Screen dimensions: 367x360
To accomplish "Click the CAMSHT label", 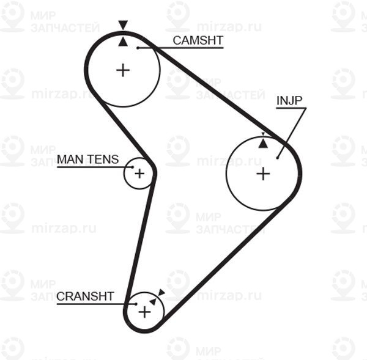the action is pos(198,40).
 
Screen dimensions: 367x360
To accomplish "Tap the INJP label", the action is pos(289,101).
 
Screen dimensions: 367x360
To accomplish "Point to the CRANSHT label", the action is pos(85,296).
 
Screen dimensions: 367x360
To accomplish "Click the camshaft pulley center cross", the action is pos(123,70).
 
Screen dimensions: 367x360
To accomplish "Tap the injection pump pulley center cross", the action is pos(263,174).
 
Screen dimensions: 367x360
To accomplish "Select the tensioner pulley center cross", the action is pos(139,174).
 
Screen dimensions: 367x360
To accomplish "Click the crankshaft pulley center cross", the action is pos(144,312).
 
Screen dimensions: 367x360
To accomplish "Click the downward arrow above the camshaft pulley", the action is pos(123,25).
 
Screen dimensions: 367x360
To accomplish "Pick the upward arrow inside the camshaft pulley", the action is pos(123,42).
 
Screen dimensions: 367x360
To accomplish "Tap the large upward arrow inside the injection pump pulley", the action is pos(263,143).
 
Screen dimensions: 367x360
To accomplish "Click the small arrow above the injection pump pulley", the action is pos(263,134).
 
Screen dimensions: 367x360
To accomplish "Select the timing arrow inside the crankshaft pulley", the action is pos(153,301).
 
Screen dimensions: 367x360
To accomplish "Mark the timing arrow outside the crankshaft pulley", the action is pos(161,292).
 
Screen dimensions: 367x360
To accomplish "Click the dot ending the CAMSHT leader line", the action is pos(138,48).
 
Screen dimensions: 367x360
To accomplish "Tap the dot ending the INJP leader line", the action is pos(277,158).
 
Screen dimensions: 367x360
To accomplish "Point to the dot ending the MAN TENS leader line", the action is pos(133,167).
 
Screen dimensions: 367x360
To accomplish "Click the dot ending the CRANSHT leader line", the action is pos(136,304).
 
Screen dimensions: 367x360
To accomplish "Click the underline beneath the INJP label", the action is pos(291,108).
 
